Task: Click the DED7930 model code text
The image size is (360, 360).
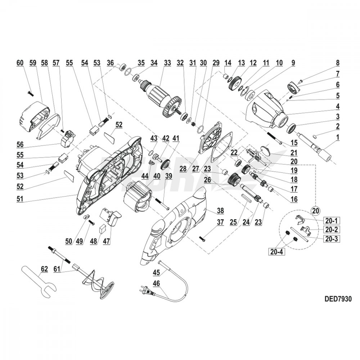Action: tap(337, 299)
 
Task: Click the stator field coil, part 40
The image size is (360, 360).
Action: tap(139, 199)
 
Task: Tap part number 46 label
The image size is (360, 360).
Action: tap(157, 283)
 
